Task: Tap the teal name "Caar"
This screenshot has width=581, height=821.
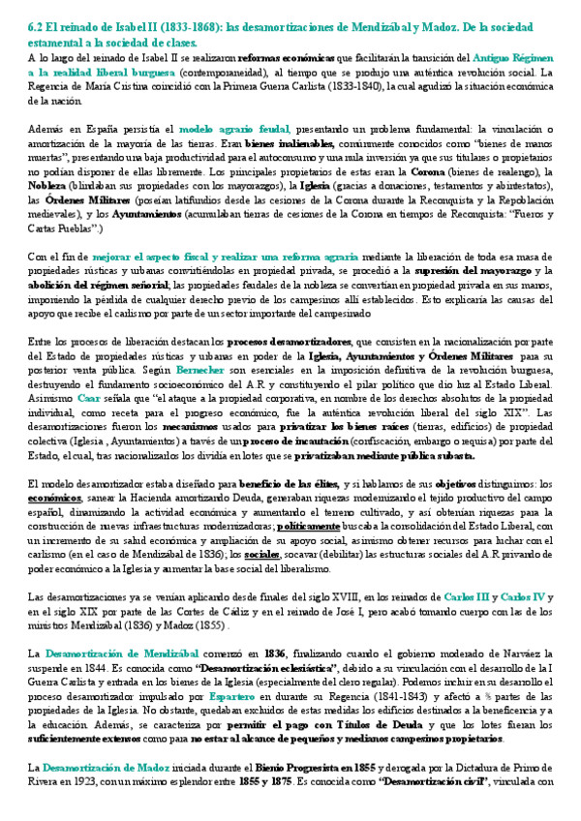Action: pyautogui.click(x=88, y=397)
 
